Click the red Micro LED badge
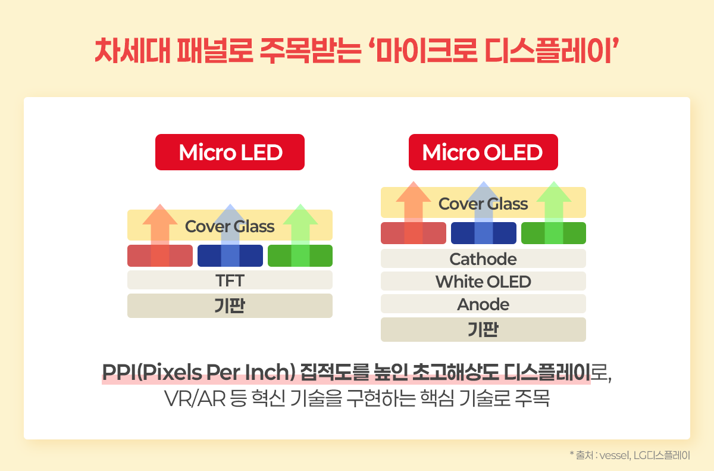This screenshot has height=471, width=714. (230, 152)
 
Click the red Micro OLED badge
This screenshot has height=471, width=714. (483, 152)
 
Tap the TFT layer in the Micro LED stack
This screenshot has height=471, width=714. (230, 280)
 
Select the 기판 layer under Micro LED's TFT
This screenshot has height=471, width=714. (230, 305)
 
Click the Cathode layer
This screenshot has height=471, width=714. (483, 258)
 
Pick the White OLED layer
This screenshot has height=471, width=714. (483, 281)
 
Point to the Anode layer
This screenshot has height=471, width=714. (483, 304)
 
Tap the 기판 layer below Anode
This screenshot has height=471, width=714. (483, 329)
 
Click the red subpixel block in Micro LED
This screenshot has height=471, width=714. (160, 256)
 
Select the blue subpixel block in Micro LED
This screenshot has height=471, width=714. (230, 256)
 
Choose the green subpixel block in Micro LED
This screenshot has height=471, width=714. (300, 256)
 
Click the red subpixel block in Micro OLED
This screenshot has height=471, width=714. (414, 233)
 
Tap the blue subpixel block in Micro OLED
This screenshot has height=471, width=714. (484, 233)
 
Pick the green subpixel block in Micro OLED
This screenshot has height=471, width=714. (554, 233)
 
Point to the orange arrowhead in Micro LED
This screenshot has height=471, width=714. (160, 214)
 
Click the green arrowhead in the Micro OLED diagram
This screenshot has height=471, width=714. (554, 192)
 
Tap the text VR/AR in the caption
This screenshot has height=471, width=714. (195, 398)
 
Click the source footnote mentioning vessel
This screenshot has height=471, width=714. (630, 456)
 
